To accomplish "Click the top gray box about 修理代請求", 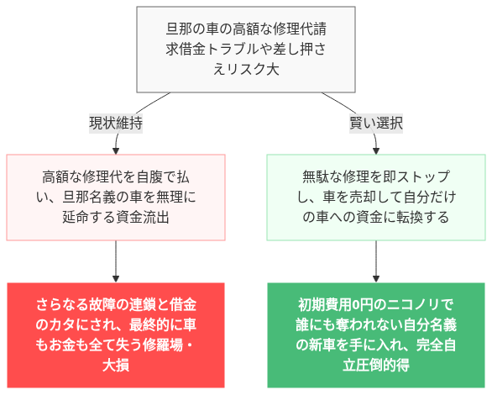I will (245, 50).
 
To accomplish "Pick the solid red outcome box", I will (116, 334).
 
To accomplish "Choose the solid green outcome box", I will (375, 334).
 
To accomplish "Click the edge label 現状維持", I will (116, 123).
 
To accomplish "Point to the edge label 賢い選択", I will (375, 123).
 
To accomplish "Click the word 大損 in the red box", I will (116, 366).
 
